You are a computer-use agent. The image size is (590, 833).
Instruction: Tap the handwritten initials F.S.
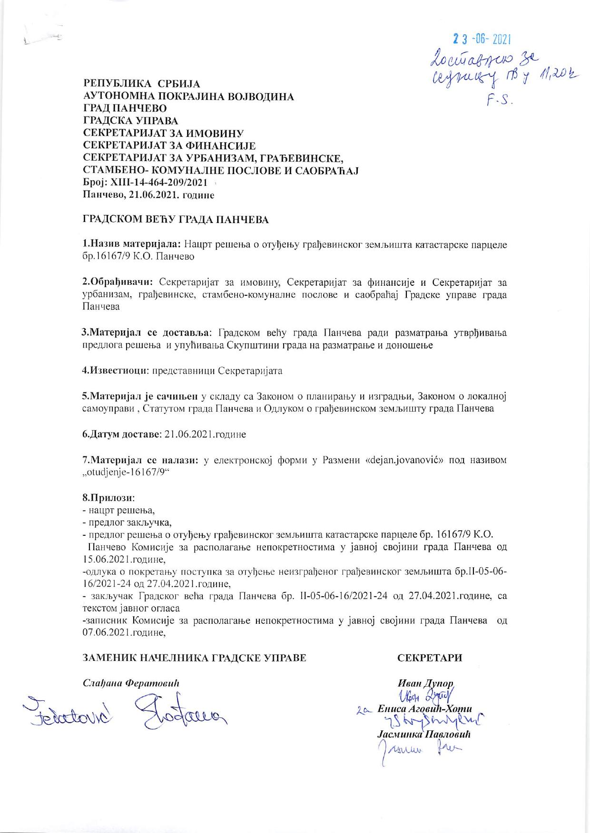point(498,100)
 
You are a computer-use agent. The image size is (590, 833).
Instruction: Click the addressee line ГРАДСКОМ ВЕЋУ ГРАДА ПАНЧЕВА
point(176,220)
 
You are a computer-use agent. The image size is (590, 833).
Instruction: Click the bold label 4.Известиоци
point(114,370)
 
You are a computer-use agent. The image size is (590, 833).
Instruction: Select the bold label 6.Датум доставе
point(120,434)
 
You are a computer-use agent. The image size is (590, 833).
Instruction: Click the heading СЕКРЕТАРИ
point(430,658)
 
